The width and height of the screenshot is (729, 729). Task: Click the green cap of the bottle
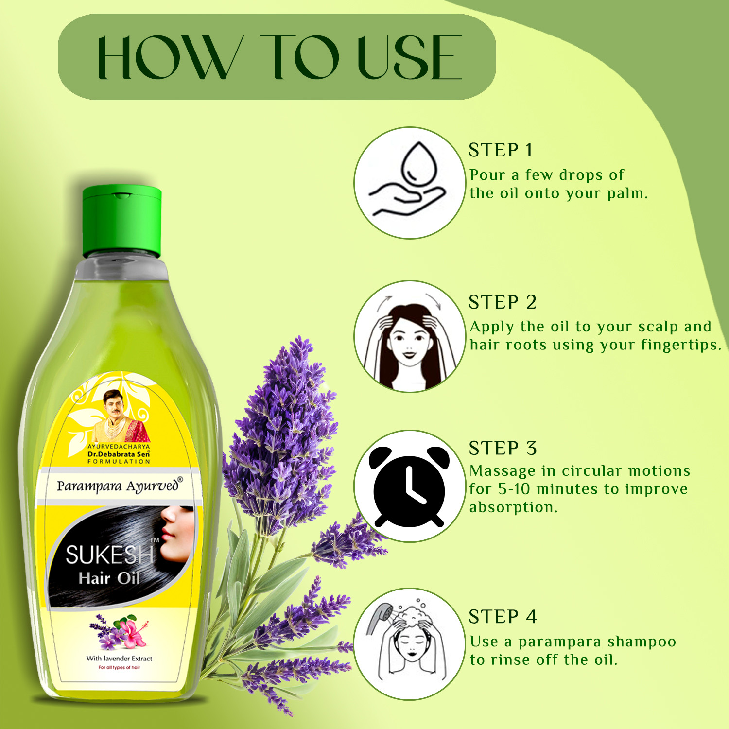[121, 221]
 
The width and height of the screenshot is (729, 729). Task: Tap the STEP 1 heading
[501, 150]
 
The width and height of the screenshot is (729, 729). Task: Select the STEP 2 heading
[503, 302]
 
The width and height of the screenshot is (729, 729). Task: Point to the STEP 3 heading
[503, 448]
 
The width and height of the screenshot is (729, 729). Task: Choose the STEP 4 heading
[503, 617]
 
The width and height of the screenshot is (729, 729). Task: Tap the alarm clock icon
[409, 486]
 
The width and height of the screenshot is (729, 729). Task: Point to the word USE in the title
[409, 57]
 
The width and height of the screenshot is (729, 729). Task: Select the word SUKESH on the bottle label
[109, 555]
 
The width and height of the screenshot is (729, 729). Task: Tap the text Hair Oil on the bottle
[109, 578]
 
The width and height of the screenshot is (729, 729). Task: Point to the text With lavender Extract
[119, 659]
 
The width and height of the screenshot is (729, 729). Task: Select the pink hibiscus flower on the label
[131, 631]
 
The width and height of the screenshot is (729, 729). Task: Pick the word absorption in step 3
[513, 508]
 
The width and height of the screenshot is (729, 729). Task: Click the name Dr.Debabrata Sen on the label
[119, 454]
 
